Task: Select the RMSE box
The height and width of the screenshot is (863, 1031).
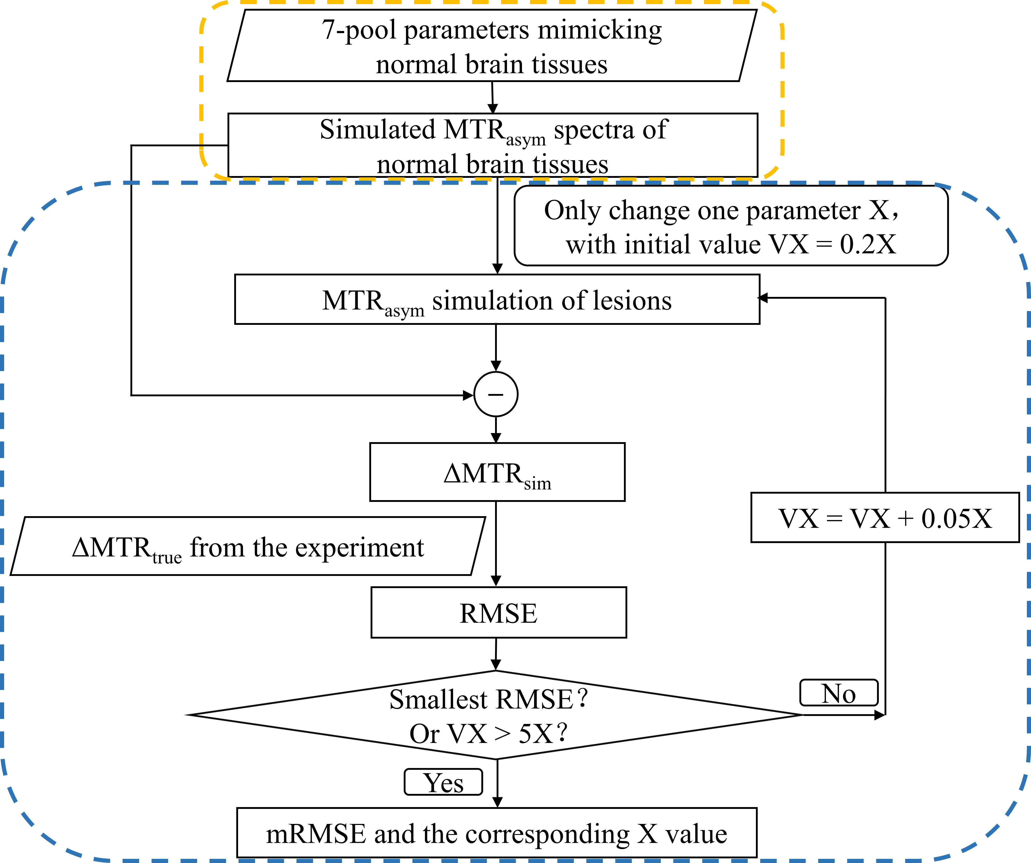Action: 498,612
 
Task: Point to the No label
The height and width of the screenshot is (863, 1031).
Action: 838,693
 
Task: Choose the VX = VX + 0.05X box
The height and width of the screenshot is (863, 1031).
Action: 885,518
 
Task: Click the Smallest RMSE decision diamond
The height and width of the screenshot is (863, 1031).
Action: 494,715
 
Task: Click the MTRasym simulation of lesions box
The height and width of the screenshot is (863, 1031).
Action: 497,300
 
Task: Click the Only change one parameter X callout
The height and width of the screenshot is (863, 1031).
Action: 731,226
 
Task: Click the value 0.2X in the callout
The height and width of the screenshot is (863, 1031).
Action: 867,244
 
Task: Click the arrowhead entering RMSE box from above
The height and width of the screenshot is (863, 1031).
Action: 496,581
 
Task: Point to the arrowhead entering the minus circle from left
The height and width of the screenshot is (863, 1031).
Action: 468,395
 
